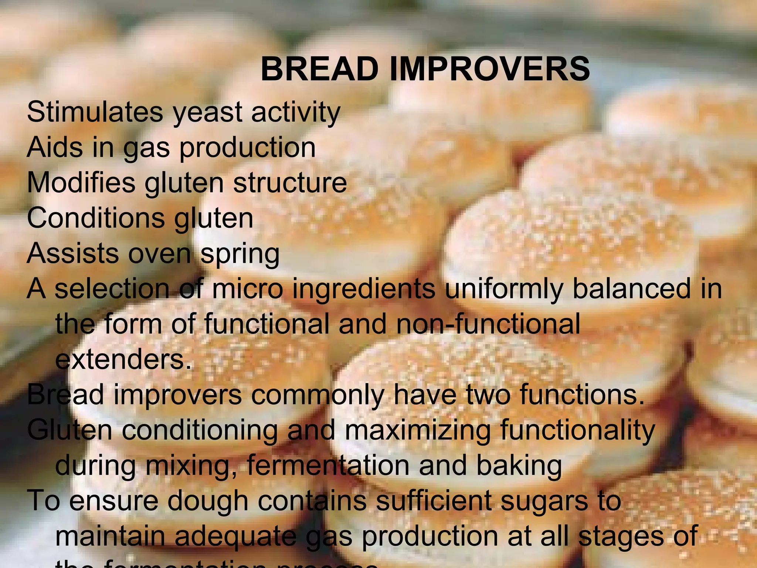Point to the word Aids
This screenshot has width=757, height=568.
[55, 147]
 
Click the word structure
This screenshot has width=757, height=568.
[290, 183]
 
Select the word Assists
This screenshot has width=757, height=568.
[73, 253]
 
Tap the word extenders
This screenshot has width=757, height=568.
[123, 359]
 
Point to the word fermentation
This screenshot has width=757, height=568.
[328, 466]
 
